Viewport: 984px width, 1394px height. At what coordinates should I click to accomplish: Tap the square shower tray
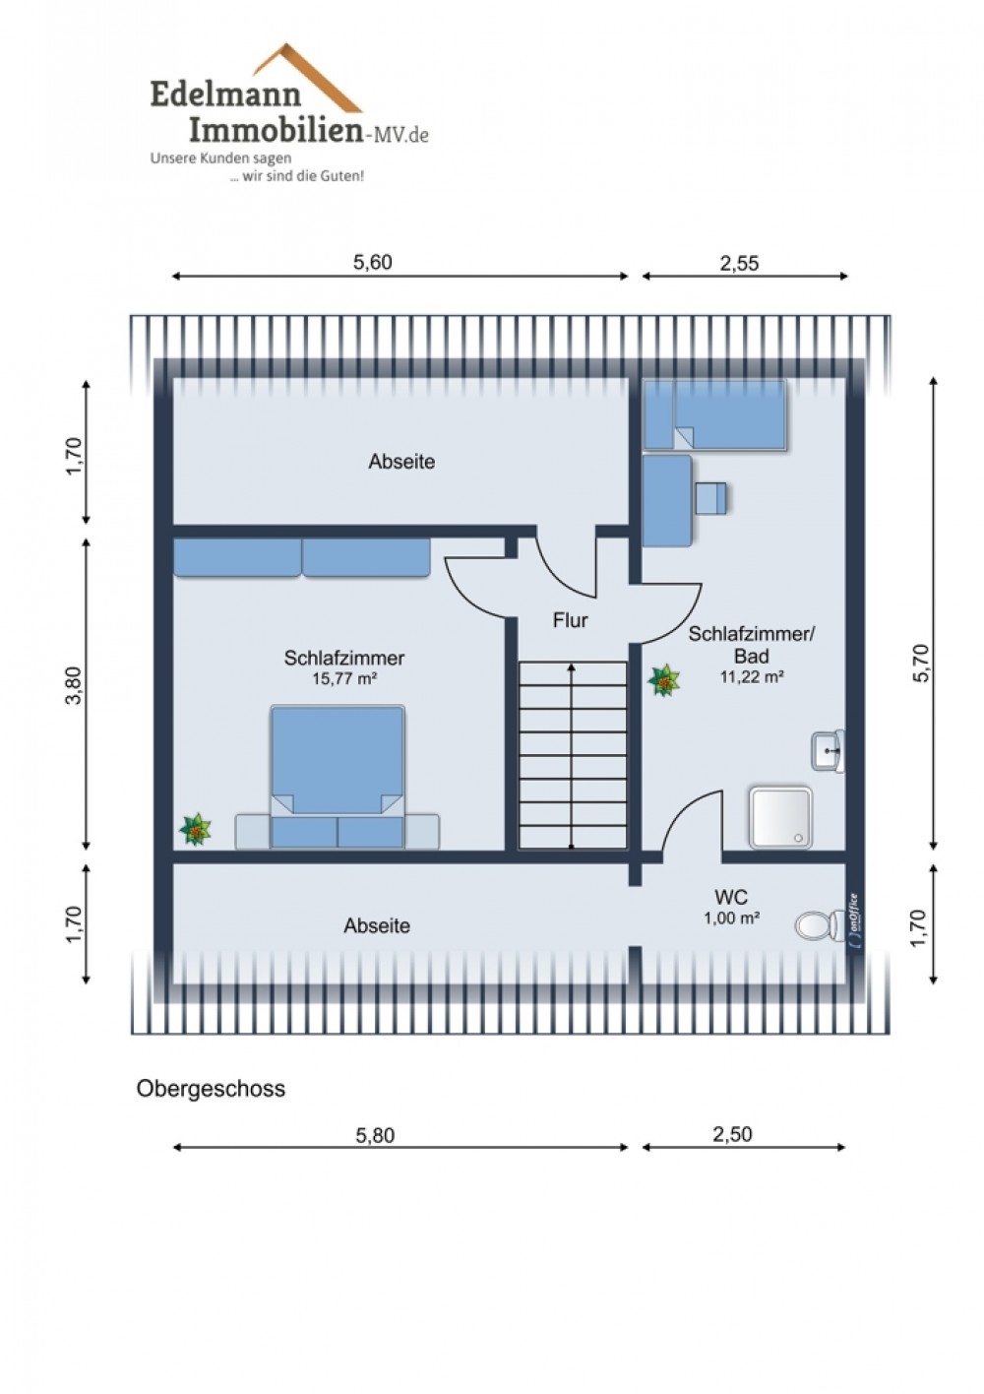point(780,817)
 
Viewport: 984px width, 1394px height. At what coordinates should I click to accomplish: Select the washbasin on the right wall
point(828,751)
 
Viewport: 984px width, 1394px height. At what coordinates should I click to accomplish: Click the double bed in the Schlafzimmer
point(338,776)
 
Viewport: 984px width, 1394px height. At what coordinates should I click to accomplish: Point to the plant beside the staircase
point(663,680)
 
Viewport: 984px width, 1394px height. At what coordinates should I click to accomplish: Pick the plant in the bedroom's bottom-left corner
point(195,830)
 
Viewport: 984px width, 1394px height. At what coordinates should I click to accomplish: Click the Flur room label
point(570,620)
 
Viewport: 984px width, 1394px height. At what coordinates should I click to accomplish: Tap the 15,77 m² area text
point(344,678)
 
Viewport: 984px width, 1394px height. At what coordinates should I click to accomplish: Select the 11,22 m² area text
point(752,676)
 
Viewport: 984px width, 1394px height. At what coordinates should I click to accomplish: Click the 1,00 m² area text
point(731,918)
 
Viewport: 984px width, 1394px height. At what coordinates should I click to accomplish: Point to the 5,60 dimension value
point(373,263)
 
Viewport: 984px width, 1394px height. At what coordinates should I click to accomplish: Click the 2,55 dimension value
point(740,263)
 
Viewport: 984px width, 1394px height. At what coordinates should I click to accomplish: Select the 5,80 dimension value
point(375,1136)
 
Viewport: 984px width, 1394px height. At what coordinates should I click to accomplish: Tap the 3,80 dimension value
point(74,685)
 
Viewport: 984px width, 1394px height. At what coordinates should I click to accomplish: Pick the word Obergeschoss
point(211,1089)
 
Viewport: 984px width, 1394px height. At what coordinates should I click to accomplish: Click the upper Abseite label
point(401,461)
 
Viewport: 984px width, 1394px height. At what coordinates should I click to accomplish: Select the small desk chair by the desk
point(711,498)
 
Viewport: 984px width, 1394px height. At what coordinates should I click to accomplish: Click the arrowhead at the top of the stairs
point(572,667)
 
